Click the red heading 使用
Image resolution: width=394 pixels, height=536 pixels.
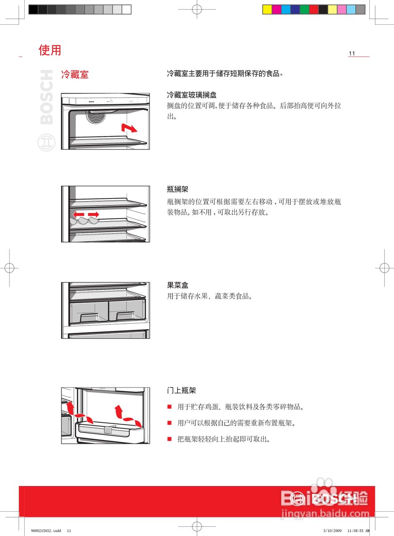tap(50, 50)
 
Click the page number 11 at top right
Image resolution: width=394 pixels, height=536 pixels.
tap(352, 53)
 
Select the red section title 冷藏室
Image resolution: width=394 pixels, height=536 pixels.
tap(75, 75)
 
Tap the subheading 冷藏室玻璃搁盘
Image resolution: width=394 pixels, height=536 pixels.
tap(192, 95)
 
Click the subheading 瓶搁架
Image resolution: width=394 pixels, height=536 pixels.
tap(177, 190)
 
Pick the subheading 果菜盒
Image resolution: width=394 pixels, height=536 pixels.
tap(177, 285)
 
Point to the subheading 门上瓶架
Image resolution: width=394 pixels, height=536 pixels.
tap(181, 391)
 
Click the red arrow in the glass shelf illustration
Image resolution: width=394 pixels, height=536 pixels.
tap(129, 128)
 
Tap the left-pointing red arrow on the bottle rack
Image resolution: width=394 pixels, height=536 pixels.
tap(79, 214)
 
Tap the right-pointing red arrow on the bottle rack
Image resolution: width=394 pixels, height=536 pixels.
tap(93, 214)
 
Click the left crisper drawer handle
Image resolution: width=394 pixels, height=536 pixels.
tap(89, 317)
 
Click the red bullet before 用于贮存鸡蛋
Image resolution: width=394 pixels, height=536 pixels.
tap(169, 407)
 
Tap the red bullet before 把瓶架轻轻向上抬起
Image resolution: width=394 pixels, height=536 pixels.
tap(169, 439)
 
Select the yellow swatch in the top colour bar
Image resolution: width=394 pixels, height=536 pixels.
tap(267, 9)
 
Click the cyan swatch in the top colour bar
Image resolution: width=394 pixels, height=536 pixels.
tap(286, 9)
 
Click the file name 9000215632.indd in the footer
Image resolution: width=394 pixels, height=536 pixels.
tap(46, 531)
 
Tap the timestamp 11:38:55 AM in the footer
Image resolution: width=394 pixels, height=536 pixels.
tap(358, 531)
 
